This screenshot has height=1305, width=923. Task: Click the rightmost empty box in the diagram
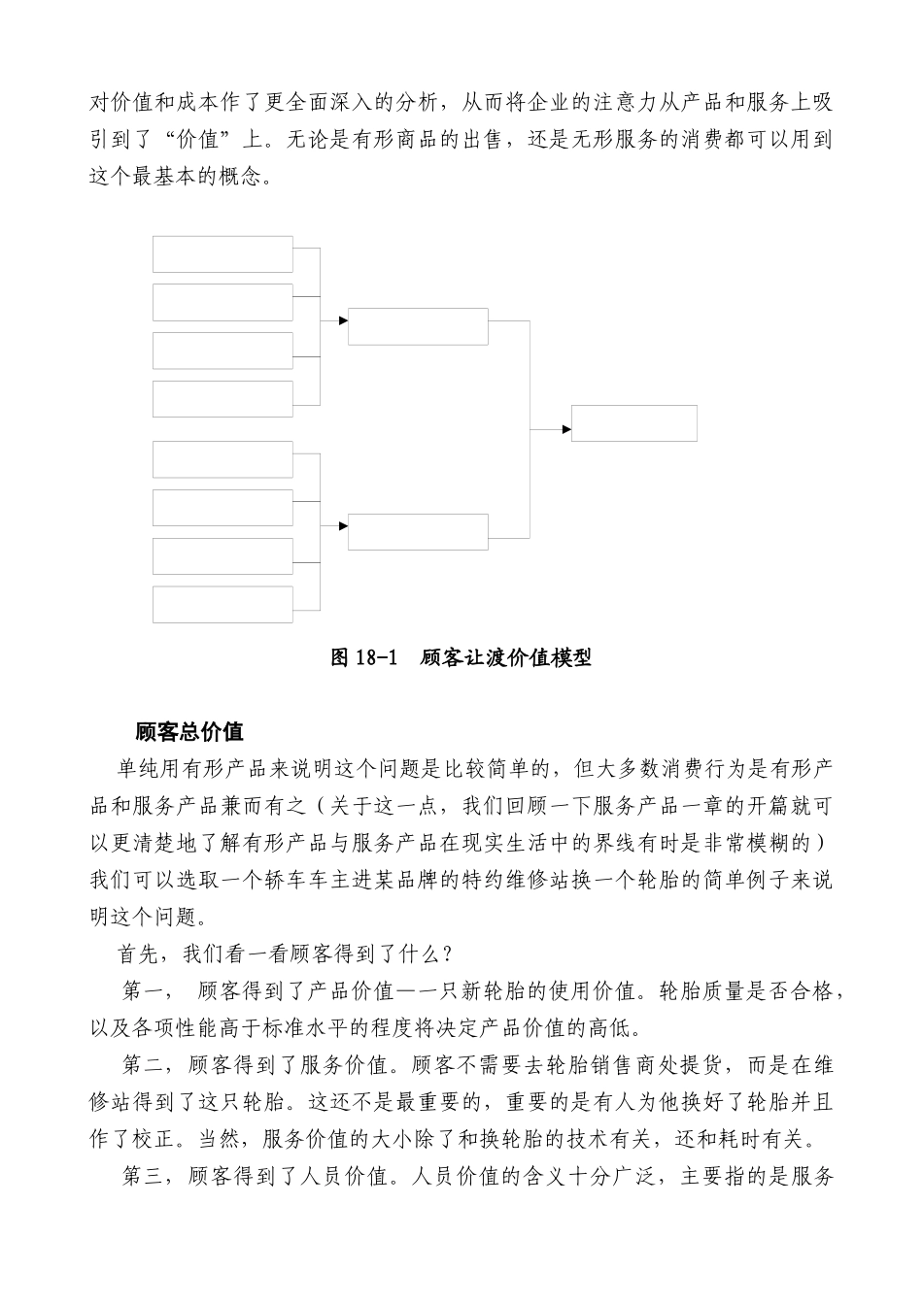[633, 423]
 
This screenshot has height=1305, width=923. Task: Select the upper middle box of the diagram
[418, 326]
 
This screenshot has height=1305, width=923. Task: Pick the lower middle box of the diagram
[418, 531]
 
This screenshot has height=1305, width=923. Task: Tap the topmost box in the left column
[222, 254]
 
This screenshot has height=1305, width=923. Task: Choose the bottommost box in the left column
[222, 604]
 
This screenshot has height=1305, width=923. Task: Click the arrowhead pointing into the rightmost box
[565, 429]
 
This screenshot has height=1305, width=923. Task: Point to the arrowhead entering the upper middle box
[343, 320]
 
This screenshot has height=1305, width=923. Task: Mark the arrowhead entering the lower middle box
[343, 526]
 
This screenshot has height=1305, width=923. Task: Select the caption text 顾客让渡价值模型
[506, 657]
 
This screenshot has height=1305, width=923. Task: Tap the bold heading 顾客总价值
[189, 731]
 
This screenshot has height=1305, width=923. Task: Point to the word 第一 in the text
[145, 990]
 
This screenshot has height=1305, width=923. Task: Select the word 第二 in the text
[145, 1065]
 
